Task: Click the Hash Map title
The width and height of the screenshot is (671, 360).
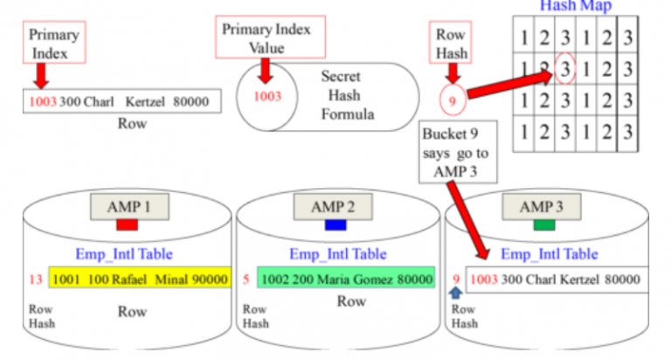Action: pos(575,6)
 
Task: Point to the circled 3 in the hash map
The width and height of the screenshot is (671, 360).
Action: pos(565,66)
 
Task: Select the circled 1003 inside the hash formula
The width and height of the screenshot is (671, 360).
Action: pos(267,96)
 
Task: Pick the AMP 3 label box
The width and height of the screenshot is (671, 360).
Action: pos(542,207)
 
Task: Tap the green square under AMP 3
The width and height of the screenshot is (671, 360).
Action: pos(542,226)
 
